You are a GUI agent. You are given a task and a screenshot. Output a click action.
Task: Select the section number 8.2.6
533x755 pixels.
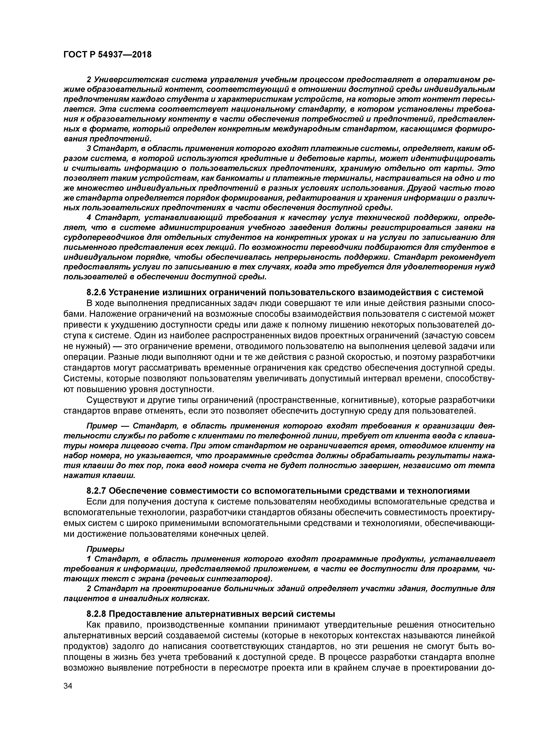96,292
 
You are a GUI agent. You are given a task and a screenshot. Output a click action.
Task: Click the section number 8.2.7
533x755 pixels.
96,491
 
